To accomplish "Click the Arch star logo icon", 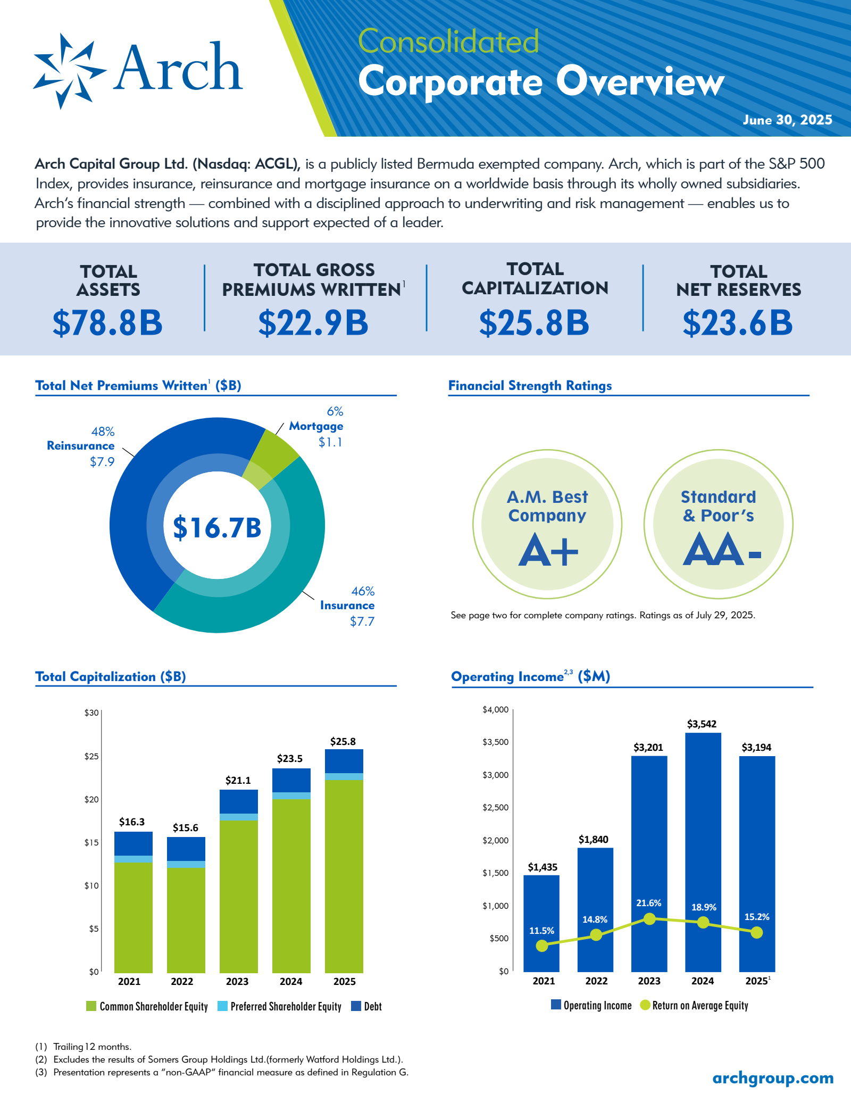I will (x=69, y=71).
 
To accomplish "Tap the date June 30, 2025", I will (x=787, y=120).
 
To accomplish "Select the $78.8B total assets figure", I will (x=107, y=323).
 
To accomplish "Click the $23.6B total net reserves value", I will (x=738, y=323).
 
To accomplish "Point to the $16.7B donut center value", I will (x=217, y=527).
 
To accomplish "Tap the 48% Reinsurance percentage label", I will (x=103, y=432).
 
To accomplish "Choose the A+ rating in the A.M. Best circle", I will (x=548, y=551).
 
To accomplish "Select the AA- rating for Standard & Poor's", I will (x=721, y=551).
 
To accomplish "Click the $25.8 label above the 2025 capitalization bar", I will (x=343, y=741).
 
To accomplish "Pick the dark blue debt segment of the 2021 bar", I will (x=134, y=843).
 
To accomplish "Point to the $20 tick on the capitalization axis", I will (x=91, y=799).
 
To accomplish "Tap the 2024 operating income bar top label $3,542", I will (x=702, y=724).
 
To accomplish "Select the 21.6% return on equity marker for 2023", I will (x=649, y=918).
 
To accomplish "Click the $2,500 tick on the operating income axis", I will (x=495, y=807).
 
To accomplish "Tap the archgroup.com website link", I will (x=773, y=1078).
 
